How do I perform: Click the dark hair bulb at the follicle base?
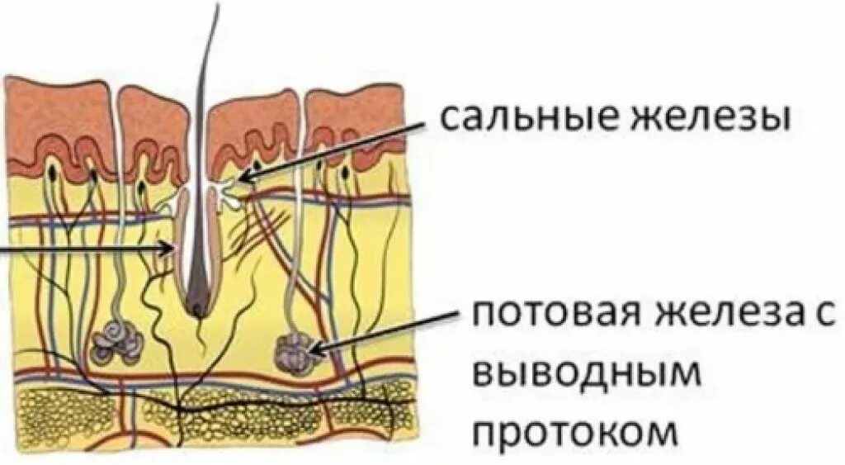[198, 307]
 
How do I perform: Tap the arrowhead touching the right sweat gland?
[316, 352]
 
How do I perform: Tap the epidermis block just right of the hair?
[253, 124]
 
